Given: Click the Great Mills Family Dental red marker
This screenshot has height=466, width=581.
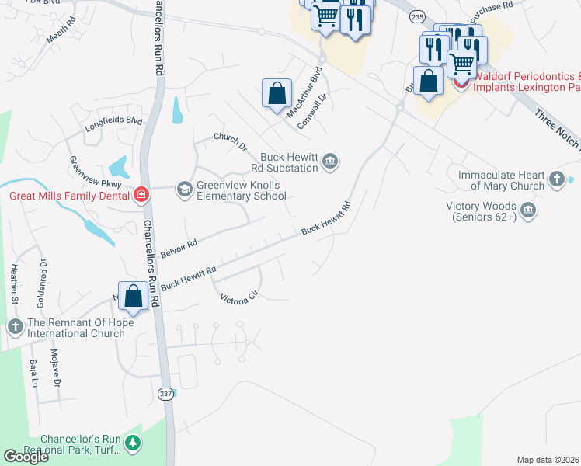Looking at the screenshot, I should pyautogui.click(x=141, y=194).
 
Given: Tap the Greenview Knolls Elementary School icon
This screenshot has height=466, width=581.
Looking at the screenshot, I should pyautogui.click(x=185, y=189).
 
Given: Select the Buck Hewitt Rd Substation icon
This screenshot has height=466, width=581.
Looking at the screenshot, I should pyautogui.click(x=330, y=162).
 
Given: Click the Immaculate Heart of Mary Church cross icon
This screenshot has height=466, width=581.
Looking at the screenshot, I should pyautogui.click(x=556, y=180).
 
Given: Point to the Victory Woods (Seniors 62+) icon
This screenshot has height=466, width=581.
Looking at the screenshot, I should pyautogui.click(x=528, y=211).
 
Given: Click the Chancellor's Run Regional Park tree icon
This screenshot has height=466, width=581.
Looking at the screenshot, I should pyautogui.click(x=134, y=443).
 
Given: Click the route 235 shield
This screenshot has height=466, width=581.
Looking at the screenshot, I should pyautogui.click(x=418, y=16).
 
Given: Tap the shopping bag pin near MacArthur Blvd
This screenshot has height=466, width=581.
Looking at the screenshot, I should pyautogui.click(x=277, y=94).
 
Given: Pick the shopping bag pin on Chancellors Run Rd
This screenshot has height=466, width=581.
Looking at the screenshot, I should pyautogui.click(x=134, y=297).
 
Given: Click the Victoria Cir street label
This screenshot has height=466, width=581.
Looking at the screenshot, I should pyautogui.click(x=238, y=298).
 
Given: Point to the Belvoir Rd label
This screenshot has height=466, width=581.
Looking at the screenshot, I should pyautogui.click(x=179, y=248).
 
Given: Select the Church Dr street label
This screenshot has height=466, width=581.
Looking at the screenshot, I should pyautogui.click(x=230, y=141).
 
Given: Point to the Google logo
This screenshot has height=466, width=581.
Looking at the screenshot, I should pyautogui.click(x=26, y=457).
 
